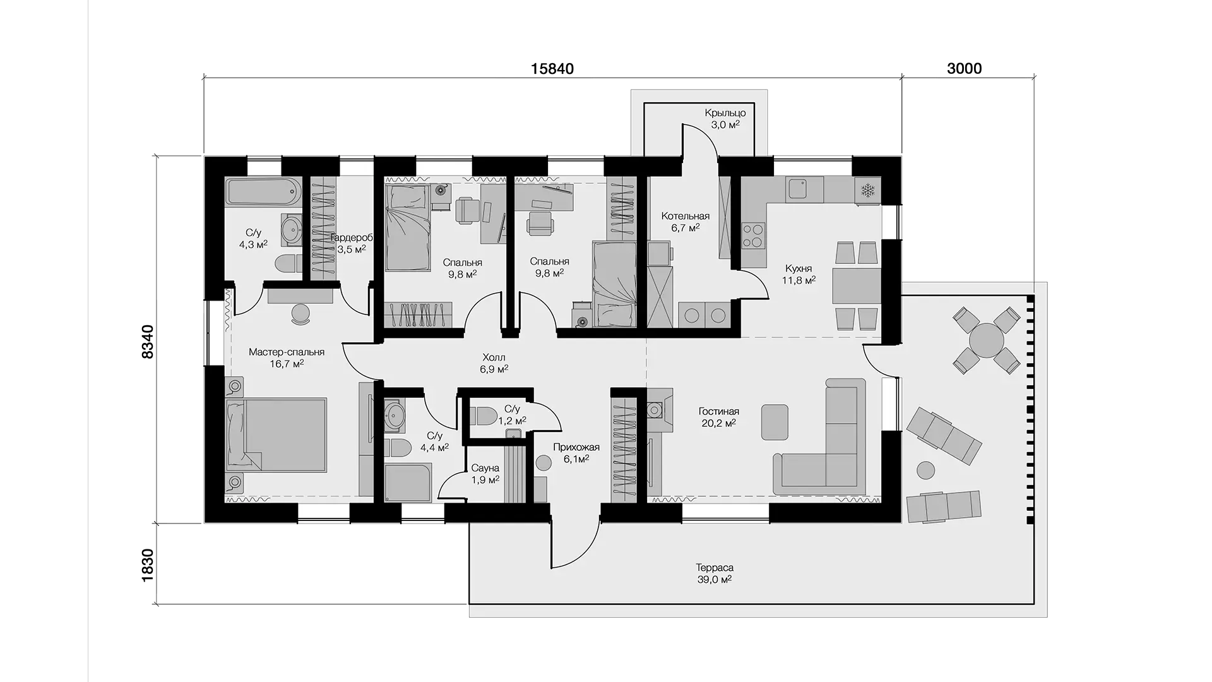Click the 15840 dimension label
click(x=552, y=69)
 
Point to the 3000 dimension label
click(x=965, y=69)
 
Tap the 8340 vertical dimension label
click(x=147, y=342)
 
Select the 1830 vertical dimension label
click(x=147, y=566)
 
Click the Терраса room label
click(x=715, y=568)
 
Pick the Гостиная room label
click(x=719, y=412)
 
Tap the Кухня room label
click(x=799, y=269)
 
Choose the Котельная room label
click(x=686, y=217)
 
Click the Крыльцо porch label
click(x=725, y=113)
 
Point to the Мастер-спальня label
click(x=287, y=352)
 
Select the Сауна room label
click(x=485, y=468)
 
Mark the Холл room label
click(x=494, y=357)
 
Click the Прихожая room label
click(x=576, y=448)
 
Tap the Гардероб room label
click(x=351, y=238)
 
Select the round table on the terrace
click(x=986, y=340)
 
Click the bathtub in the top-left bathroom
click(x=263, y=192)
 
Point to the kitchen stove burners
click(x=752, y=235)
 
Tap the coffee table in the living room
click(x=775, y=422)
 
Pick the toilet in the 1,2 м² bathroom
click(x=485, y=416)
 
